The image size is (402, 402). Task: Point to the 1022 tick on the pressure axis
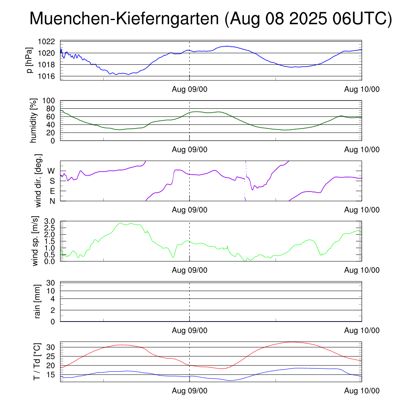pos(49,41)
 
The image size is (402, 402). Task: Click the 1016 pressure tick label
pos(49,76)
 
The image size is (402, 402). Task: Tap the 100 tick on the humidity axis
pos(51,100)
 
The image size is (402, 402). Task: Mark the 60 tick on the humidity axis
pos(53,117)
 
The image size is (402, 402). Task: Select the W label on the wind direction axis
pos(51,171)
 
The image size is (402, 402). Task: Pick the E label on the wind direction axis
pos(52,191)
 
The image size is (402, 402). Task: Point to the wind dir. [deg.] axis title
pos(38,181)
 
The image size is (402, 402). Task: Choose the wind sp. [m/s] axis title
pos(36,241)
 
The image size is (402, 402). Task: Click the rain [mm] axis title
pos(38,301)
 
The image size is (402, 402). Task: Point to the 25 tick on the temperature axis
pos(53,356)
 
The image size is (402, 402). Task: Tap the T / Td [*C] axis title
pos(37,361)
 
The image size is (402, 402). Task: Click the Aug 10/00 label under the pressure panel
pos(362,89)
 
